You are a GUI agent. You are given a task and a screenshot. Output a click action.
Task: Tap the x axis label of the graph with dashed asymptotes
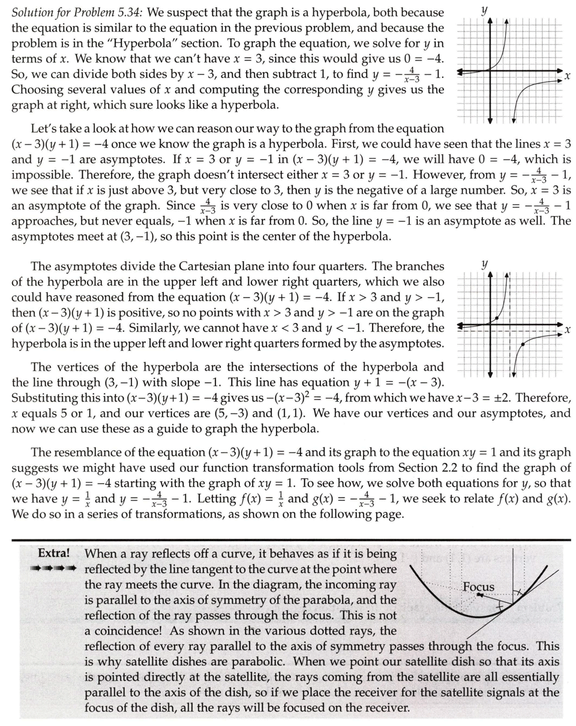click(566, 330)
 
